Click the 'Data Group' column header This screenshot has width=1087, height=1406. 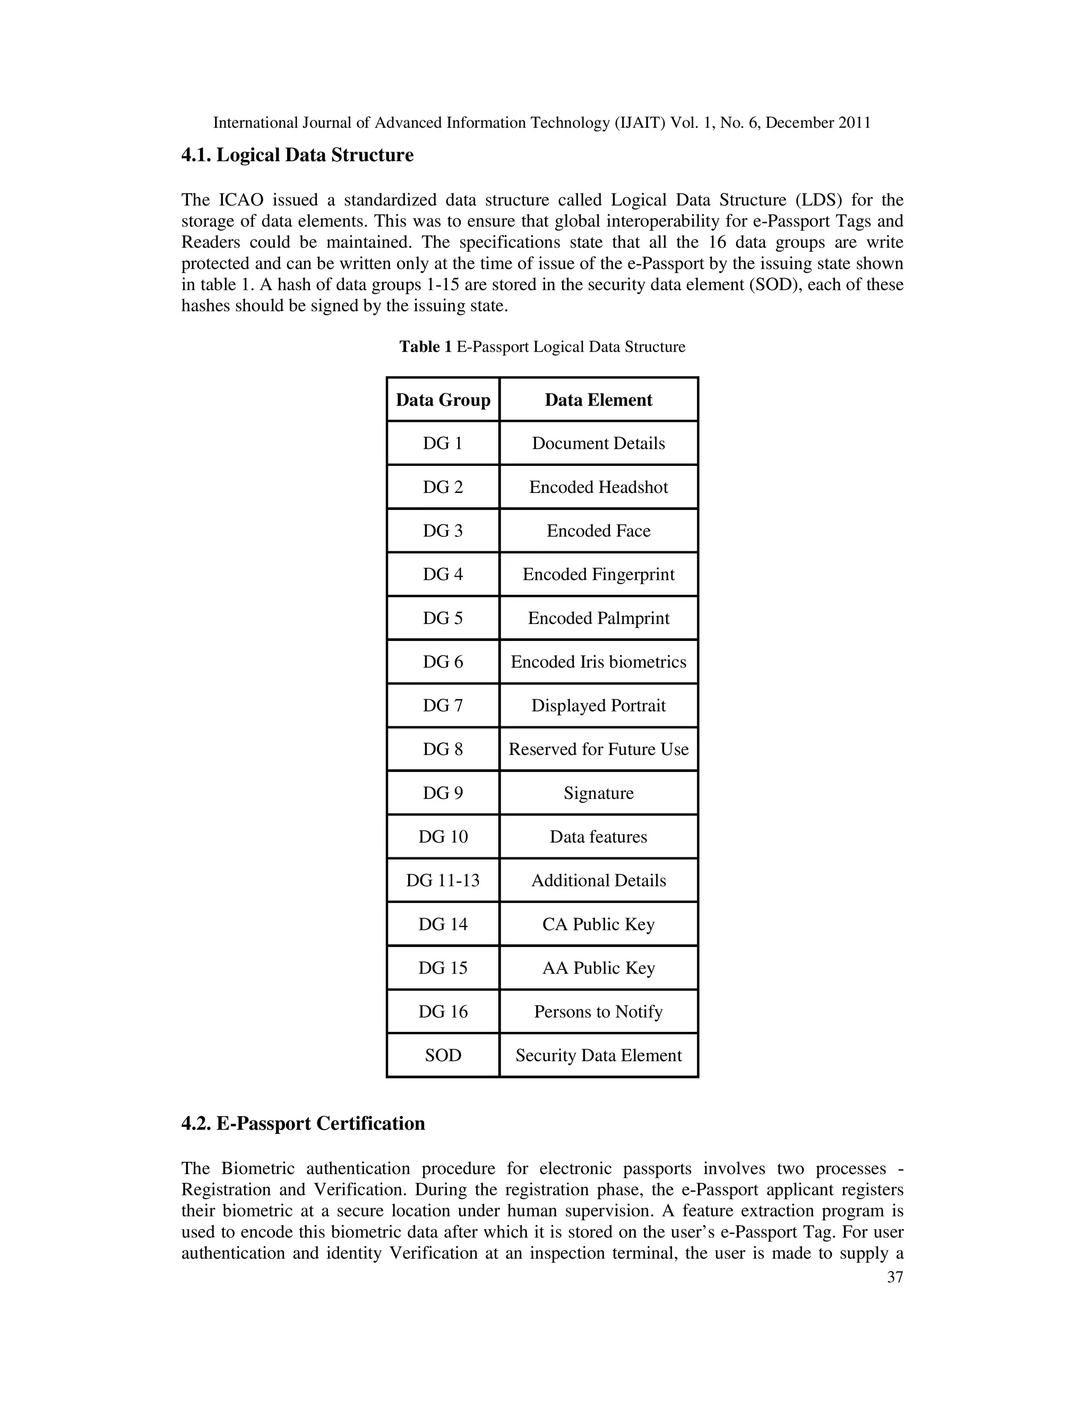443,400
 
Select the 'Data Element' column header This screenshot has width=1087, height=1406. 598,400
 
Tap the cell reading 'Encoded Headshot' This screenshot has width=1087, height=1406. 598,488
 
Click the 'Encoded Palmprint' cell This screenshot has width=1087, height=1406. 598,618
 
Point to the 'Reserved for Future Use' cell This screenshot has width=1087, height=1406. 598,749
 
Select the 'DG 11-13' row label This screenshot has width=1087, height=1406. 443,880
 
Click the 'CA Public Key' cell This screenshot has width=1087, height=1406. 598,924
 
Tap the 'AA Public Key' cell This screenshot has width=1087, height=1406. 598,968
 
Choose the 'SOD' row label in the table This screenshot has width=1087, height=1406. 443,1055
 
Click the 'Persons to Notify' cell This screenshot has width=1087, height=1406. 598,1011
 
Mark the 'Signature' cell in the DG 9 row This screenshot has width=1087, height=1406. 598,793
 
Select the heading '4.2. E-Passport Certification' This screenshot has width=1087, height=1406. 303,1123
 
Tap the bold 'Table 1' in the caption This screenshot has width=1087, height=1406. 425,347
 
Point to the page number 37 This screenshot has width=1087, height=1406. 895,1277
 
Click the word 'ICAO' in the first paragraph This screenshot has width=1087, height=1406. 241,200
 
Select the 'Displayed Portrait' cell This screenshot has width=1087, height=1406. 598,706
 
